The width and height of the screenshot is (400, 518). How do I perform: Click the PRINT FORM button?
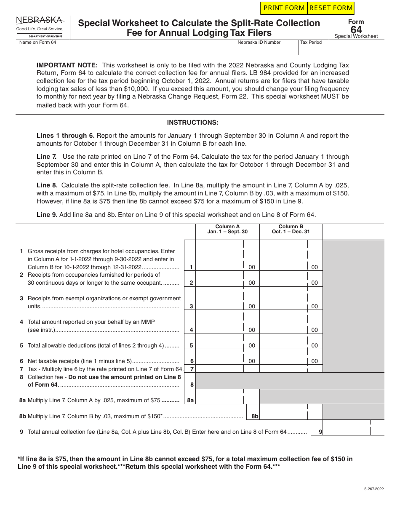pos(284,8)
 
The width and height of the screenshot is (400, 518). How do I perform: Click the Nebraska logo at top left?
pos(40,27)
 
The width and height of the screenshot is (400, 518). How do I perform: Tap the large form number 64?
pos(356,29)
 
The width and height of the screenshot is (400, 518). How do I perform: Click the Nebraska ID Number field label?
pos(259,43)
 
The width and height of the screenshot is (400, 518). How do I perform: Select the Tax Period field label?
pos(311,43)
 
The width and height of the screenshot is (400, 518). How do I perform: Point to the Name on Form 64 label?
pos(37,43)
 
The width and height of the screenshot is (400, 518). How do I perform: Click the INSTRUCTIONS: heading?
pos(193,123)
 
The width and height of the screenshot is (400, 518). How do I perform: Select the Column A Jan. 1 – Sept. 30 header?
pos(227,229)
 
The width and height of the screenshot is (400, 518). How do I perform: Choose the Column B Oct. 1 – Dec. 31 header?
pos(291,229)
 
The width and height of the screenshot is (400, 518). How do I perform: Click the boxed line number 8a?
pos(190,401)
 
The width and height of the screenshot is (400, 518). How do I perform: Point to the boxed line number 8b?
pos(255,416)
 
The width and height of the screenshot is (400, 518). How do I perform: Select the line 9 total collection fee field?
pos(347,427)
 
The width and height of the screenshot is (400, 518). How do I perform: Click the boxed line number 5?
pos(191,345)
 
